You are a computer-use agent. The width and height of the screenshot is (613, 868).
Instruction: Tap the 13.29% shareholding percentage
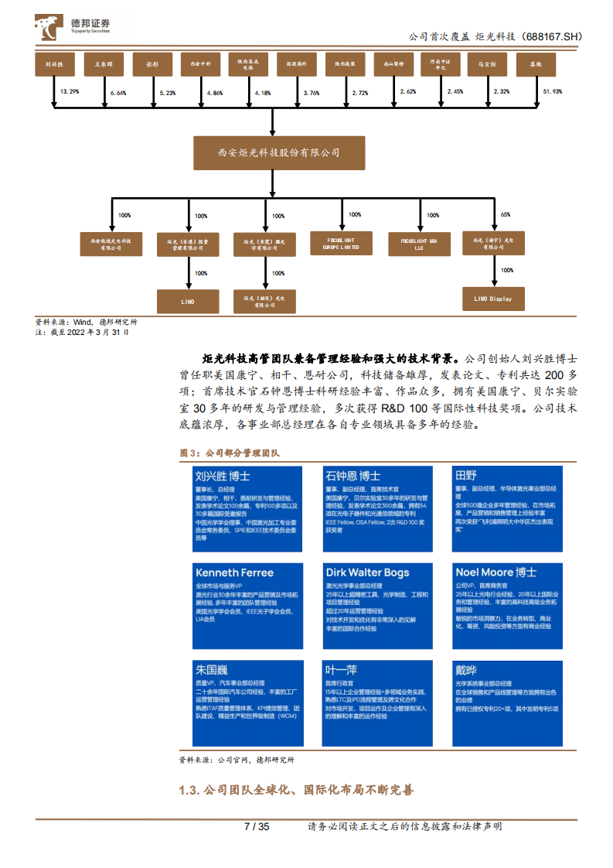pyautogui.click(x=70, y=92)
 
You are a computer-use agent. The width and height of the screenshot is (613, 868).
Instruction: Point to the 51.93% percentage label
pyautogui.click(x=553, y=92)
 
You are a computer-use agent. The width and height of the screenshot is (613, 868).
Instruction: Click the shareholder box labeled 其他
pyautogui.click(x=535, y=66)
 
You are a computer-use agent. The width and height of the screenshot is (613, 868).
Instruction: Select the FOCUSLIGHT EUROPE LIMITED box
pyautogui.click(x=341, y=244)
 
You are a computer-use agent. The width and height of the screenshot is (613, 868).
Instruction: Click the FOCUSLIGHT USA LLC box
pyautogui.click(x=419, y=244)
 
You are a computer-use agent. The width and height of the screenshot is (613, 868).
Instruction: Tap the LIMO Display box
pyautogui.click(x=492, y=299)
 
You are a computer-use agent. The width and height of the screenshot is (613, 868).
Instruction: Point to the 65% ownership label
pyautogui.click(x=506, y=214)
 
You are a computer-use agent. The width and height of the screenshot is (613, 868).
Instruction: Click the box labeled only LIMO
pyautogui.click(x=188, y=300)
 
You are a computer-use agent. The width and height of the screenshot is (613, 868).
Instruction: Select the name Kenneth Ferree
pyautogui.click(x=234, y=572)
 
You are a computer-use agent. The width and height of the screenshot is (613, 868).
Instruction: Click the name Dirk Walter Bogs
pyautogui.click(x=367, y=572)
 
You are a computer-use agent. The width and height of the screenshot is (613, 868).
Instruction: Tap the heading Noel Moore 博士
pyautogui.click(x=496, y=572)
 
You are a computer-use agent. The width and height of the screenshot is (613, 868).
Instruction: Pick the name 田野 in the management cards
pyautogui.click(x=465, y=475)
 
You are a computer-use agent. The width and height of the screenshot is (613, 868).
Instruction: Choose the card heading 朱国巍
pyautogui.click(x=211, y=670)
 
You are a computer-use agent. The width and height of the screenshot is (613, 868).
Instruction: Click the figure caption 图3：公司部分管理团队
pyautogui.click(x=229, y=453)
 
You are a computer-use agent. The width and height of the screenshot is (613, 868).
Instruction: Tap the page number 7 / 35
pyautogui.click(x=256, y=827)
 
